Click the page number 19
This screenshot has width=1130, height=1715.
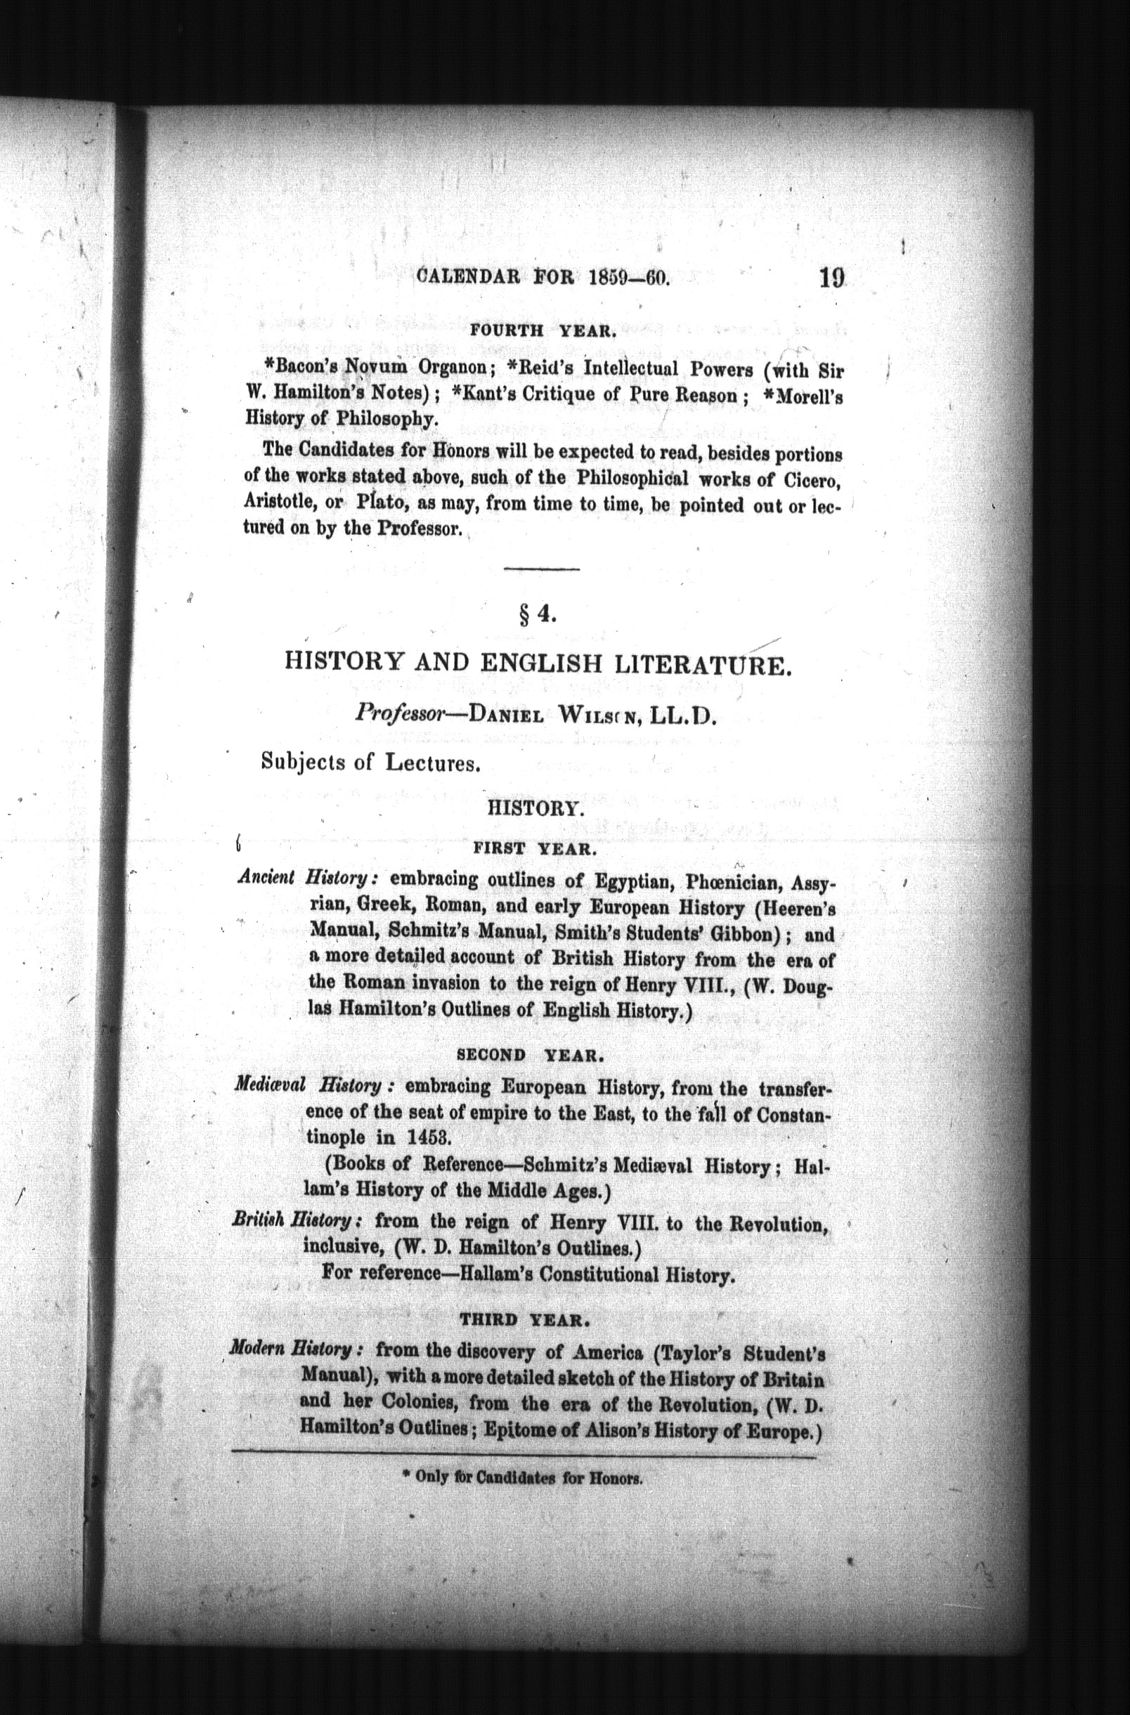[831, 279]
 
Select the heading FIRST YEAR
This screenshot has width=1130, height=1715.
[533, 849]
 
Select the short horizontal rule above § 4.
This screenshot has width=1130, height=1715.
[542, 571]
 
